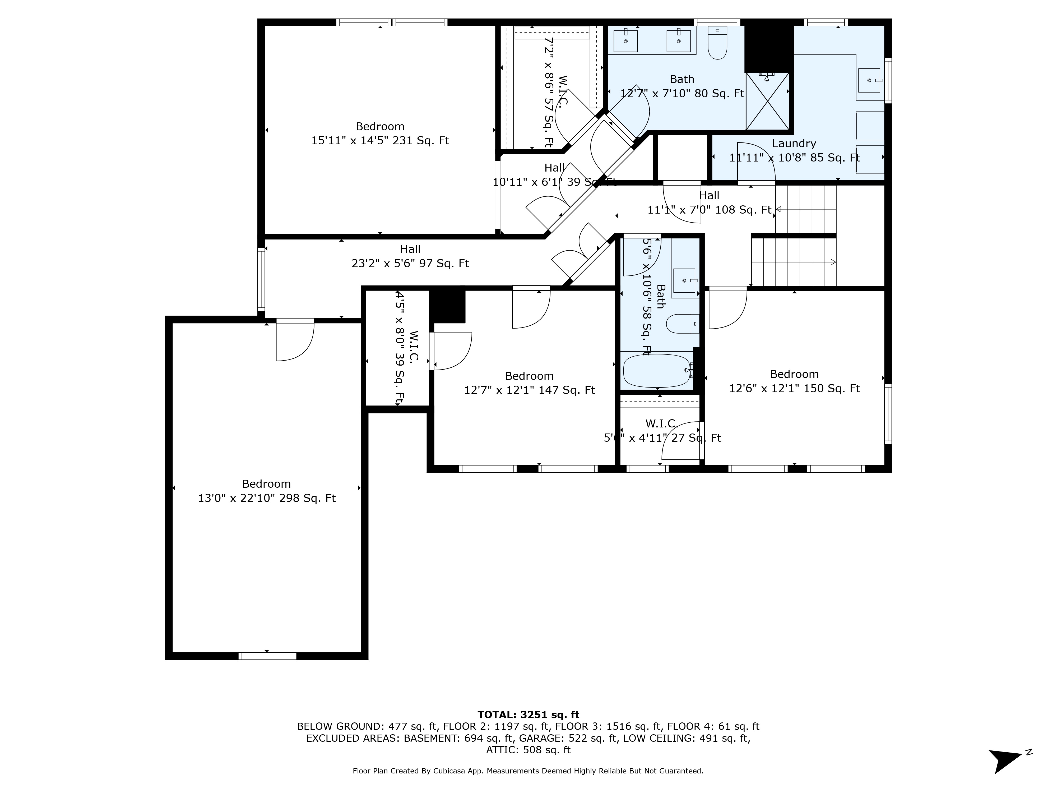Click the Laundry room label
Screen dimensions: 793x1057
coord(794,143)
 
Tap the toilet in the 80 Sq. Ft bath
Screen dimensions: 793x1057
coord(717,44)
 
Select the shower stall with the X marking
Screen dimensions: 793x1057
coord(767,101)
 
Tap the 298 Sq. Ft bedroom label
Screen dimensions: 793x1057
coord(266,484)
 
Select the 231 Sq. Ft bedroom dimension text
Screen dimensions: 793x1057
coord(380,141)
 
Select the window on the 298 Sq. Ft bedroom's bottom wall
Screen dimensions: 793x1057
coord(267,656)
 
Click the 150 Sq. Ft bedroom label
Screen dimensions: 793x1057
coord(794,374)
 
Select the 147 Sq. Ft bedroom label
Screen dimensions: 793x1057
coord(529,376)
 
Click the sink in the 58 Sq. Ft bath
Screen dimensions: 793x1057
coord(684,280)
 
